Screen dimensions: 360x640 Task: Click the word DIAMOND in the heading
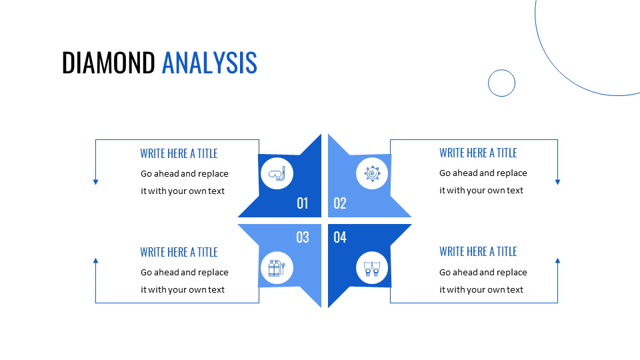108,63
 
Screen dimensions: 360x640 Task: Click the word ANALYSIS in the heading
209,63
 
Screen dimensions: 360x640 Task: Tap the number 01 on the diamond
303,203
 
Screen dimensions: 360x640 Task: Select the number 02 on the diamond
340,203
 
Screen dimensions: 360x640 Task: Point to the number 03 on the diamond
303,237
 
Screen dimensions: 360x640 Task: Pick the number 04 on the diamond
340,237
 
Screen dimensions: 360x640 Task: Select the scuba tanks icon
277,269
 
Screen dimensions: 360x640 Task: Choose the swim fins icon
372,269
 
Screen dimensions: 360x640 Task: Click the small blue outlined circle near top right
501,83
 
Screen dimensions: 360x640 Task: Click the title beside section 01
179,153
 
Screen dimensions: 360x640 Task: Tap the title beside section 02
478,153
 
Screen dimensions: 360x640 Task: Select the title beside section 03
179,252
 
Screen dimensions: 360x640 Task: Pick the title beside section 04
478,251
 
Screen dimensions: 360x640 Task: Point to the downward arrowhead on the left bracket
95,181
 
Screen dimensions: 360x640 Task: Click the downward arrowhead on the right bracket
557,181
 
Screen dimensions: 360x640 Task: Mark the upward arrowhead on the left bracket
95,261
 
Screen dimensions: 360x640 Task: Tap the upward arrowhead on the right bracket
557,261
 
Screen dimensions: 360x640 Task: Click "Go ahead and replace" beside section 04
483,272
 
